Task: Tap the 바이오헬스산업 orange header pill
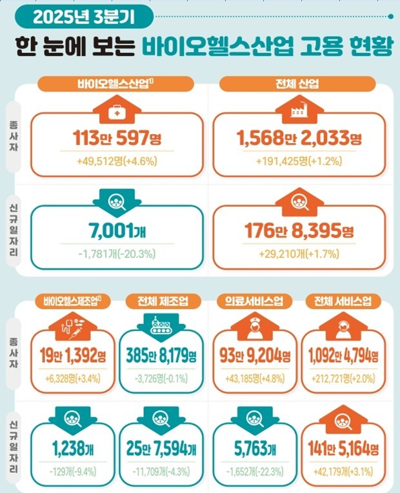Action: [117, 84]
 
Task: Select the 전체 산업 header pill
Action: [296, 84]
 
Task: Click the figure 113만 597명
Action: [117, 137]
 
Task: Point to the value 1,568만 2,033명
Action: [296, 137]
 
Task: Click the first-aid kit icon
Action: [117, 112]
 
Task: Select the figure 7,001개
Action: [117, 230]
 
